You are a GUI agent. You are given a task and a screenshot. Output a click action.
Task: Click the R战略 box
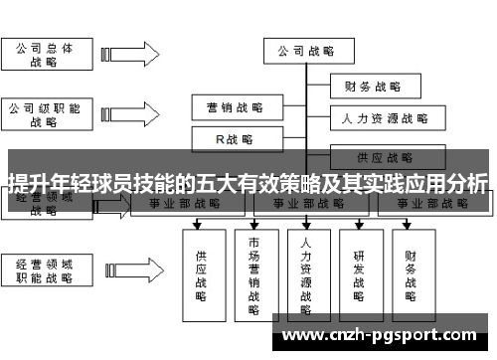click(235, 138)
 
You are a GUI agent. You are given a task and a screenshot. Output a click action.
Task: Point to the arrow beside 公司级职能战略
click(127, 113)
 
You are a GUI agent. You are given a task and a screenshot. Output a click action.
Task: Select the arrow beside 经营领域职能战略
click(127, 272)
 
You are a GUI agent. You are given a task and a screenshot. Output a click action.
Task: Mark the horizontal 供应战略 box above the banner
click(385, 157)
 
